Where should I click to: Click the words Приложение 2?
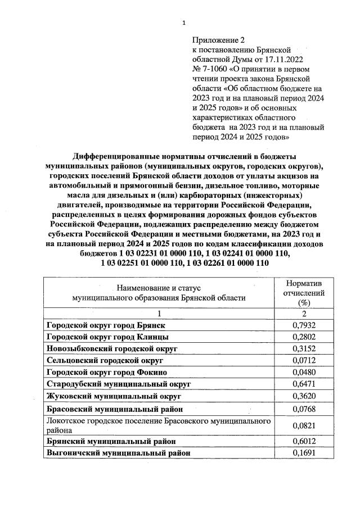pyautogui.click(x=219, y=40)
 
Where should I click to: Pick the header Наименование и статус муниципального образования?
pyautogui.click(x=155, y=293)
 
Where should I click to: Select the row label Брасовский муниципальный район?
pyautogui.click(x=114, y=409)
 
